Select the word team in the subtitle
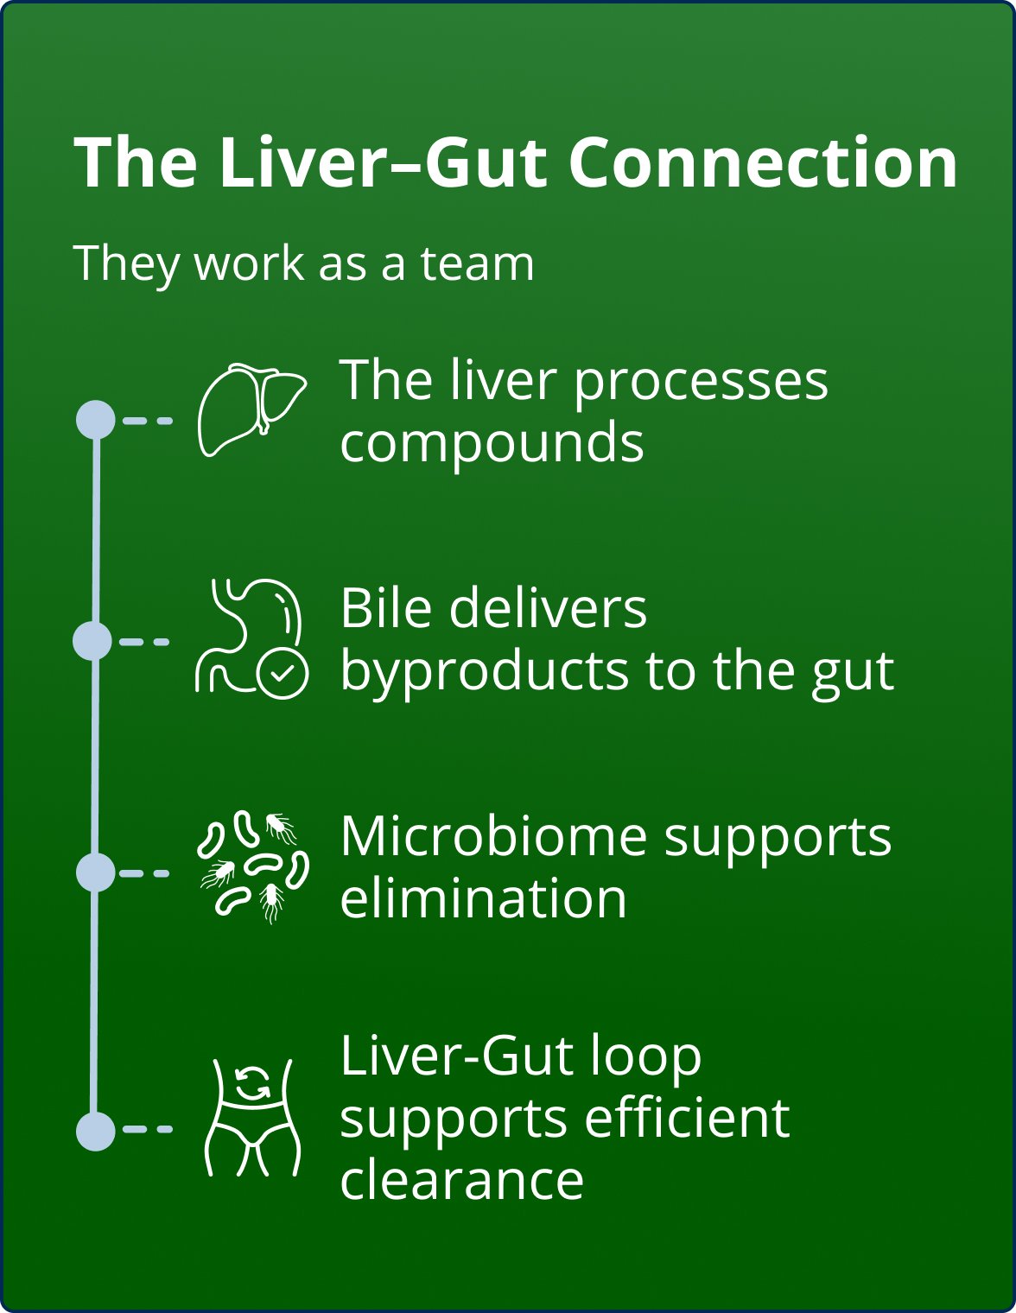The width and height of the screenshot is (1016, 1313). [478, 263]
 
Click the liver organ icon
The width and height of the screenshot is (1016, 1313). [251, 409]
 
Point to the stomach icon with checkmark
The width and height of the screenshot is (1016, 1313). [251, 637]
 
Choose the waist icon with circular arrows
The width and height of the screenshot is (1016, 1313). [252, 1118]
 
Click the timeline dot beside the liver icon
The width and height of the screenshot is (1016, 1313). [96, 421]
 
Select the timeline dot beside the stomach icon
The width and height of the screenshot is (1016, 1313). [92, 642]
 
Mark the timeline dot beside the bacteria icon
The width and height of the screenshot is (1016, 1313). [96, 872]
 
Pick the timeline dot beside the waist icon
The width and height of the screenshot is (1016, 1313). [96, 1131]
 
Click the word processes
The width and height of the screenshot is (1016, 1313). [701, 382]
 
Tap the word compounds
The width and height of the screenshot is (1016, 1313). [492, 443]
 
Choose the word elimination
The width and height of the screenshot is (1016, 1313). [483, 898]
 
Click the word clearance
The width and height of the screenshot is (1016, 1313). [461, 1180]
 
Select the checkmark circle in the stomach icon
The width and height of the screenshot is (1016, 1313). [283, 673]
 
